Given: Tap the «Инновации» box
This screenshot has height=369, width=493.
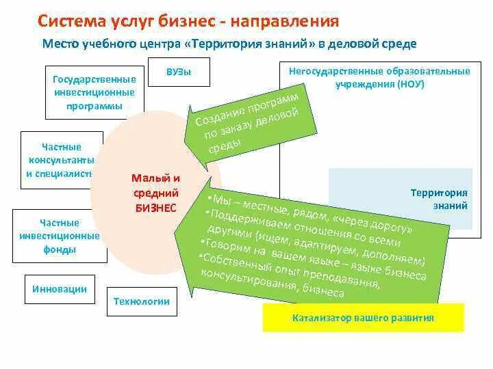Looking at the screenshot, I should pyautogui.click(x=60, y=289).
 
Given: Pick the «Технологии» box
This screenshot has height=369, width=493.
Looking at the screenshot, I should pyautogui.click(x=141, y=301).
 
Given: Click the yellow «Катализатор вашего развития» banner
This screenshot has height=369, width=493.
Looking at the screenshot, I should pyautogui.click(x=363, y=318).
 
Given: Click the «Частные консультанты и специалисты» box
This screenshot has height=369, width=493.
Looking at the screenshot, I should pyautogui.click(x=60, y=161).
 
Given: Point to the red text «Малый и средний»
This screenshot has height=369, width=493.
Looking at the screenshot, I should pyautogui.click(x=156, y=185).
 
